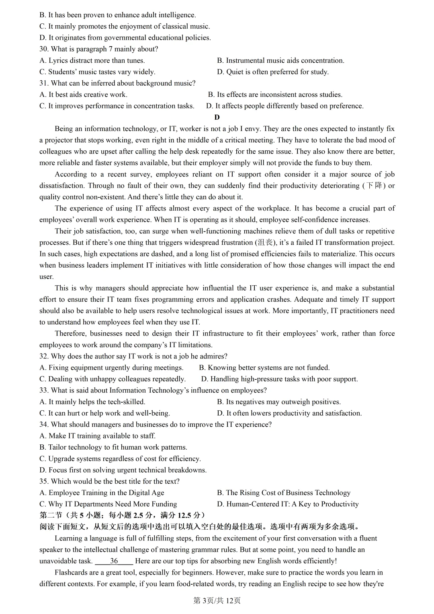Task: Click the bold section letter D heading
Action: (217, 117)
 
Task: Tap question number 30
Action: (44, 49)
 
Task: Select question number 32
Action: (44, 356)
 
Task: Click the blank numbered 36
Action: (114, 561)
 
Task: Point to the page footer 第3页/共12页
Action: (217, 600)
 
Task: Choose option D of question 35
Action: (288, 504)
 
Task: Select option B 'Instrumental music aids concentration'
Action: (280, 61)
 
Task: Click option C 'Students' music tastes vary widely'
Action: (97, 72)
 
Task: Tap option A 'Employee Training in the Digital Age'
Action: (102, 493)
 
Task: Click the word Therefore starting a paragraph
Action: (70, 334)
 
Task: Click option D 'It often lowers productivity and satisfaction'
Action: (289, 413)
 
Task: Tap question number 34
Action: (44, 425)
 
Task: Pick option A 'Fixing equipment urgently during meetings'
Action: (111, 368)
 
